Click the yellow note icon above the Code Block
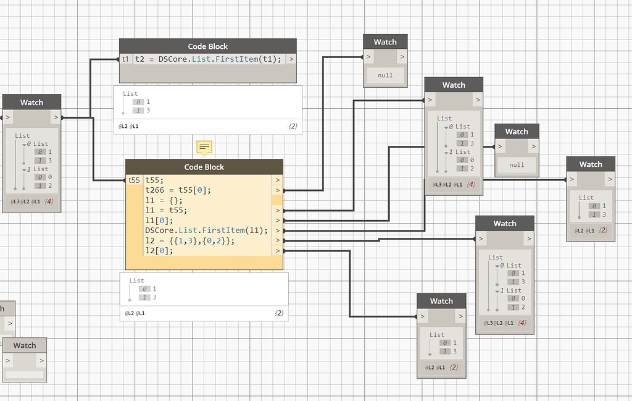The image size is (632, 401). click(x=204, y=147)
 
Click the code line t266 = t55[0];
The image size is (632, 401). click(x=178, y=190)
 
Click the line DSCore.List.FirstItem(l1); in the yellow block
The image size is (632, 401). click(x=207, y=230)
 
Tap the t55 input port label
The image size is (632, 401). click(x=134, y=180)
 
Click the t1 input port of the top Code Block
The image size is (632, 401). click(x=125, y=59)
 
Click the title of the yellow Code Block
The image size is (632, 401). click(x=204, y=167)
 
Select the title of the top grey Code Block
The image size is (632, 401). click(x=207, y=46)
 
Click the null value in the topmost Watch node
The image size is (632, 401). click(x=385, y=75)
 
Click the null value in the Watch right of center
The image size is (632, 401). click(x=517, y=165)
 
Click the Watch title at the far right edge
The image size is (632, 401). click(x=590, y=164)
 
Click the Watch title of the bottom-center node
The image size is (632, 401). click(x=441, y=301)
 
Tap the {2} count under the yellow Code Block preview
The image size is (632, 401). click(x=278, y=313)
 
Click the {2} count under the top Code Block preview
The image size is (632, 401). click(x=293, y=127)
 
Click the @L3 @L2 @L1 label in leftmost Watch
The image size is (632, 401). click(x=22, y=201)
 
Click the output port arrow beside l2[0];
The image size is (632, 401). click(x=278, y=251)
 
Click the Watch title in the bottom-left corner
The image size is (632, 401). click(x=25, y=345)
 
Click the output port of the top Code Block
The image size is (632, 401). click(x=290, y=59)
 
